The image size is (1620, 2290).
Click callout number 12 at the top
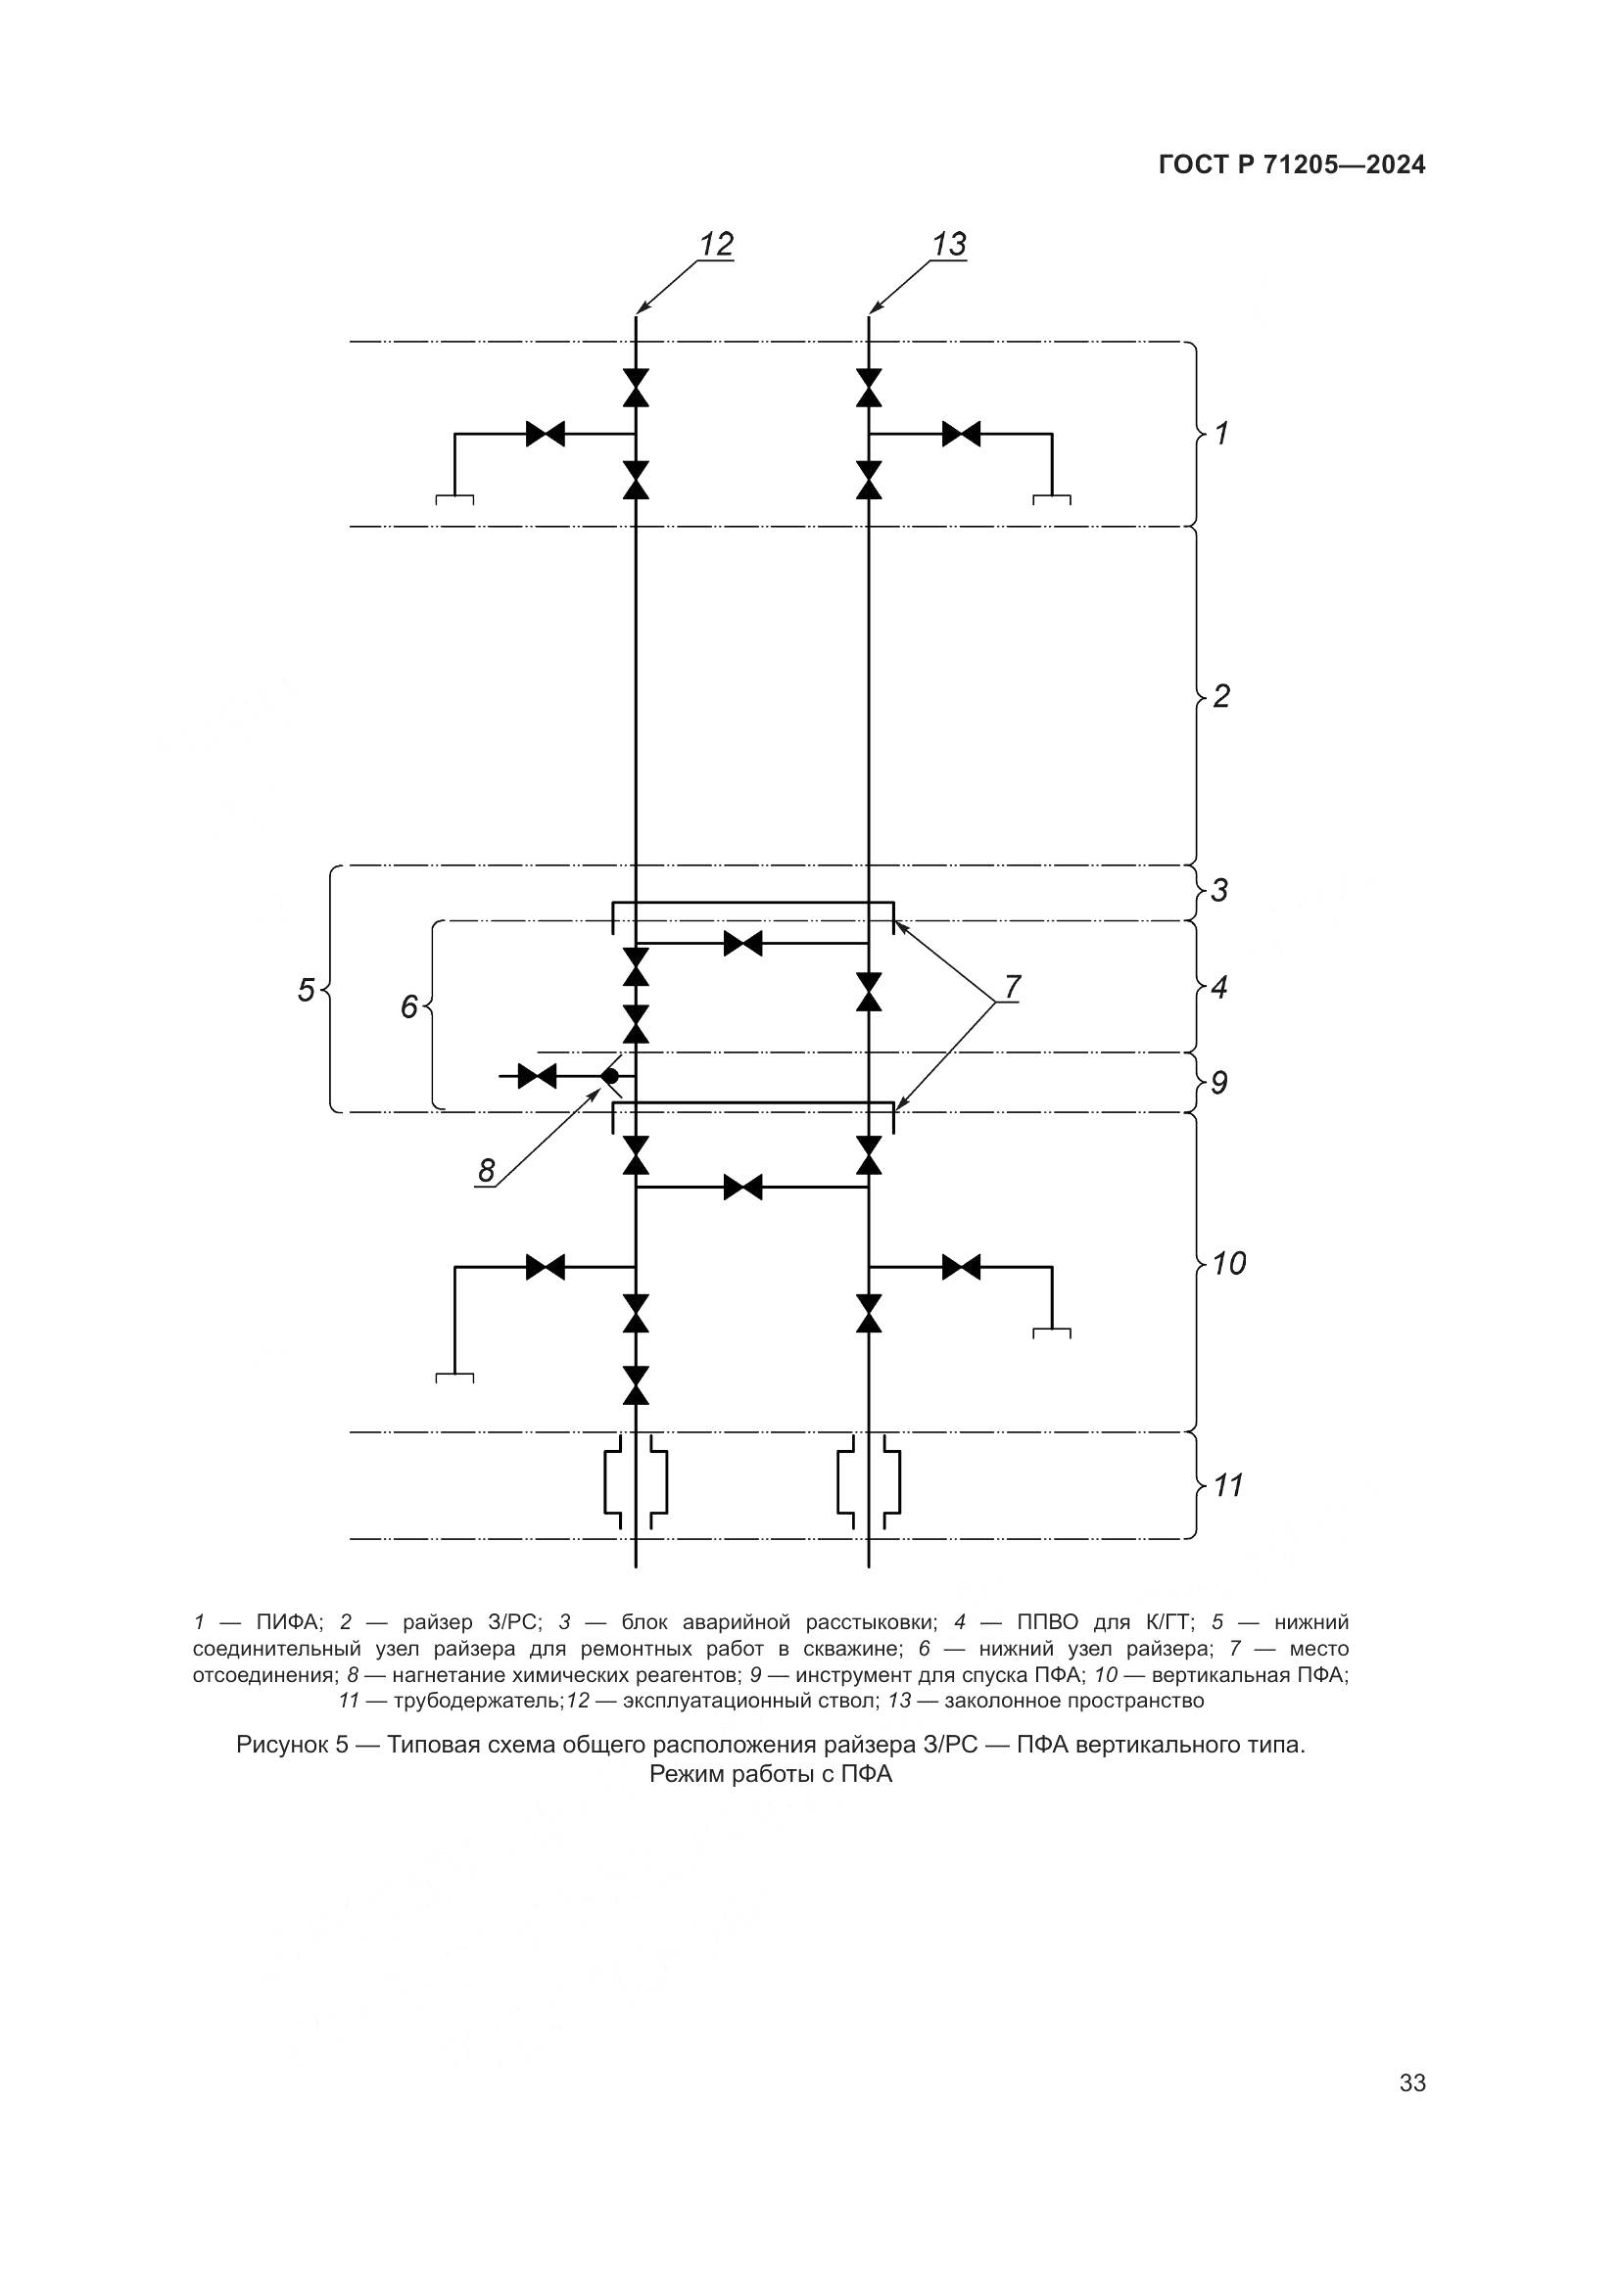tap(715, 245)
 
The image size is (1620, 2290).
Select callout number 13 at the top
tap(949, 245)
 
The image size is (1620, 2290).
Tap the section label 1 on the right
tap(1220, 433)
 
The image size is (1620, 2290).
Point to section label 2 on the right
tap(1221, 696)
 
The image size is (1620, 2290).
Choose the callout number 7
tap(1012, 988)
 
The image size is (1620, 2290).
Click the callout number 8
tap(486, 1171)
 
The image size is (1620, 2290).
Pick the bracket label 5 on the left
tap(307, 991)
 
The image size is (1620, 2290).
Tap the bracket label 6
tap(408, 1007)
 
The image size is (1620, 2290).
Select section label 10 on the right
tap(1228, 1264)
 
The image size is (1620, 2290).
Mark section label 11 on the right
tap(1227, 1485)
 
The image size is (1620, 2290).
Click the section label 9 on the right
tap(1219, 1082)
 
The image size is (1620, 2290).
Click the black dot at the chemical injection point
tap(610, 1076)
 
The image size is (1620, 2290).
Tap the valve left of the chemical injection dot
tap(538, 1076)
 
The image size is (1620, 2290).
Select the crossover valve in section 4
tap(743, 943)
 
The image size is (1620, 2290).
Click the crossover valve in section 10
tap(743, 1187)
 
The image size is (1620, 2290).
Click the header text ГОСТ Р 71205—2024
tap(1292, 165)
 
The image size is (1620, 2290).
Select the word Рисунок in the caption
tap(284, 1745)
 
